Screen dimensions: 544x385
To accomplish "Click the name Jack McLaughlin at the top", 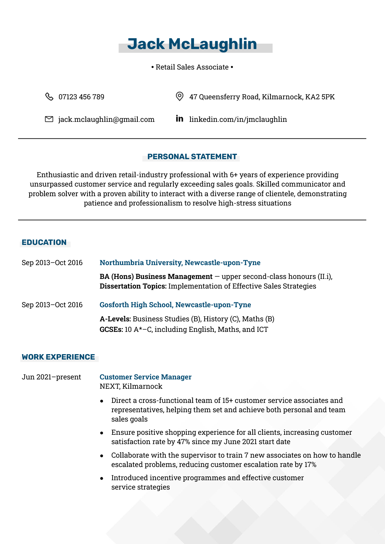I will (x=192, y=44).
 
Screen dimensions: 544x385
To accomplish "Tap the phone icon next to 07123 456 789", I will (x=49, y=97).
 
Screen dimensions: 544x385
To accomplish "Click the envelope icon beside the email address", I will (x=49, y=119).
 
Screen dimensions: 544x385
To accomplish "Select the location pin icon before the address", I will (x=179, y=97).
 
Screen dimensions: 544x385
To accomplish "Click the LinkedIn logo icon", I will (x=179, y=119).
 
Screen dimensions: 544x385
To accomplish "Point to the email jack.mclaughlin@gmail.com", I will (x=106, y=119).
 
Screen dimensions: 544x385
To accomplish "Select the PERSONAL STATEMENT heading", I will (x=192, y=156).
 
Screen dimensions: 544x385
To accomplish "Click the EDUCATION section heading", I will (x=44, y=242).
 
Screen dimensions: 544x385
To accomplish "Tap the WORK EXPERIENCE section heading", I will (x=58, y=357).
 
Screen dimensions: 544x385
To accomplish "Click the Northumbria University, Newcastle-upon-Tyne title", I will (x=180, y=263).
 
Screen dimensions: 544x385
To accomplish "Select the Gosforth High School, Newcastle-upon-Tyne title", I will (x=175, y=305).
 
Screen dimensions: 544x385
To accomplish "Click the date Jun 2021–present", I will (x=51, y=377).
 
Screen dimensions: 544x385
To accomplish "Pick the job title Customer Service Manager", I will (x=145, y=377).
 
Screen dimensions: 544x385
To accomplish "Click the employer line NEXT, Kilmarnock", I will (x=131, y=386).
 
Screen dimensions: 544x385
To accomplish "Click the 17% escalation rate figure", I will (x=310, y=465).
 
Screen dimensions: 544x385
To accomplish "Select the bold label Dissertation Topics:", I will (x=133, y=286).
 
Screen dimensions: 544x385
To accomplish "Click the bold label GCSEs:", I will (x=111, y=329).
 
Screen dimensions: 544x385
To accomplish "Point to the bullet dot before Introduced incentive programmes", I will (x=102, y=478).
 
